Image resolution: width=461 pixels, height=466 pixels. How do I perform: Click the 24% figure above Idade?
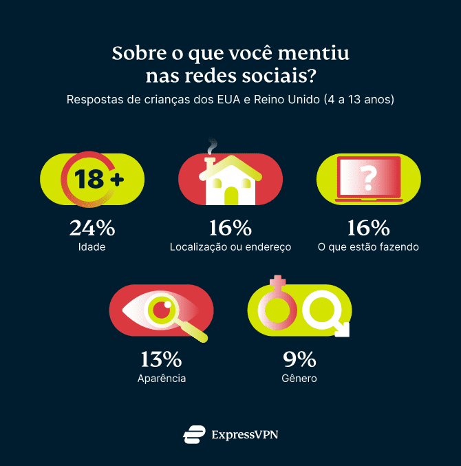pos(92,227)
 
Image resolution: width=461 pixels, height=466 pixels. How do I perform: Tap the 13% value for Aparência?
pos(161,359)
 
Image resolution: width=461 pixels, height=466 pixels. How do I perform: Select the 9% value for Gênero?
pos(299,359)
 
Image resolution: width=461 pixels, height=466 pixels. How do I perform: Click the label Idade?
pos(92,246)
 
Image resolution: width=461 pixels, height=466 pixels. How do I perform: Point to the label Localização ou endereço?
pos(231,246)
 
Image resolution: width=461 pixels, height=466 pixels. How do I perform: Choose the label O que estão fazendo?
pos(368,246)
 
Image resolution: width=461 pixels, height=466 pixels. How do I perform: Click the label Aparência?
pos(161,378)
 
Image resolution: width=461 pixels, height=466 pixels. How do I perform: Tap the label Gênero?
pos(299,378)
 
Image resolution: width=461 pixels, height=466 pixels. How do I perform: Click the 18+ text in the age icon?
pos(99,180)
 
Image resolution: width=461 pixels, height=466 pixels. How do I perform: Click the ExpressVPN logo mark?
pos(194,434)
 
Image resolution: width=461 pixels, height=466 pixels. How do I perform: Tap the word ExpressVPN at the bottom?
pos(245,434)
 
